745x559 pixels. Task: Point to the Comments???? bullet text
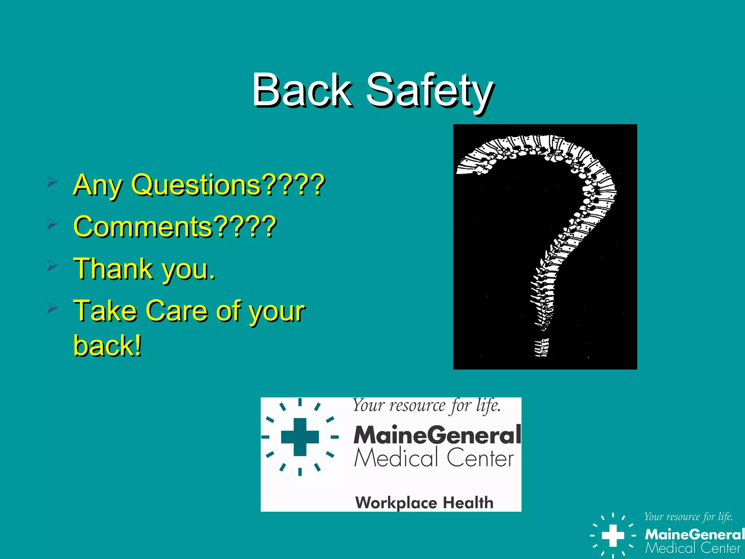point(175,226)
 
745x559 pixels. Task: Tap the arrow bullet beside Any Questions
point(52,181)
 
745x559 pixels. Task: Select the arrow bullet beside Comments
point(52,223)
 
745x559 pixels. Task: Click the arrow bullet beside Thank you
point(52,266)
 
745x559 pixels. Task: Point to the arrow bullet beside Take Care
point(52,308)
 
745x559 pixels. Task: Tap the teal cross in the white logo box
point(300,437)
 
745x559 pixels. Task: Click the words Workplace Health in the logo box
point(424,503)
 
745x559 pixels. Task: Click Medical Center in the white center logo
point(434,458)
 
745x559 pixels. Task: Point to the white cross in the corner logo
point(613,535)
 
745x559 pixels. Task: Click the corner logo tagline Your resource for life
point(688,517)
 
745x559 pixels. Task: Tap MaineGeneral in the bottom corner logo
point(694,534)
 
